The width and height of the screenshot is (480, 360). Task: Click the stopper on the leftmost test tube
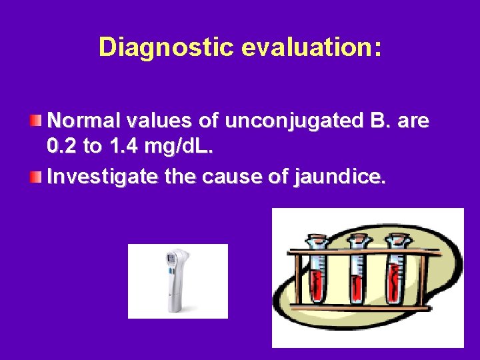pos(316,238)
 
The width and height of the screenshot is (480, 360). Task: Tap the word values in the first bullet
pos(154,121)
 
